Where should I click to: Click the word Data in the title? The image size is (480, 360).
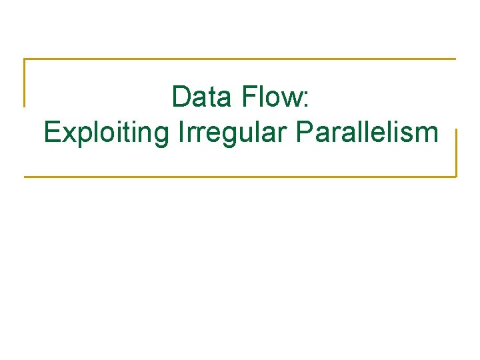point(201,97)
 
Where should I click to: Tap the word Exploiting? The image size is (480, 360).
point(107,133)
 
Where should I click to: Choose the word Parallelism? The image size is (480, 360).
point(367,133)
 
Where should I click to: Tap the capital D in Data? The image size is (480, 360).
point(181,97)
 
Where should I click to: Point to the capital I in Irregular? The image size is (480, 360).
point(181,133)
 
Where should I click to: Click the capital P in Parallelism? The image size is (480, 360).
point(305,133)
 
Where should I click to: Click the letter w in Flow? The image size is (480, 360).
point(292,100)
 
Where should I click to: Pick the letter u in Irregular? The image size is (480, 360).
point(247,135)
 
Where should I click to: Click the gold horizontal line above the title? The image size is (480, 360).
point(240,59)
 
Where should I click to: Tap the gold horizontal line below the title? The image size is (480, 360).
point(240,177)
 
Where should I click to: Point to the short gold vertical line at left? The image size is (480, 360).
point(25,83)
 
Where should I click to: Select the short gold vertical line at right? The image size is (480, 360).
point(456,153)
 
